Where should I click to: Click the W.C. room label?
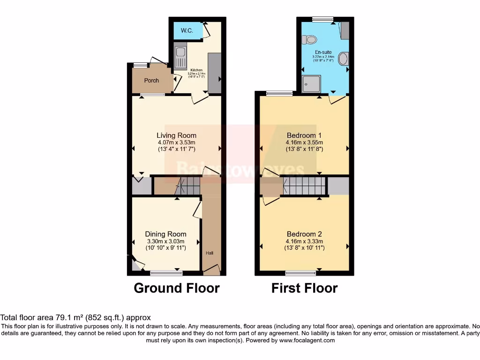[187, 31]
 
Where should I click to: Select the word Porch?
[151, 81]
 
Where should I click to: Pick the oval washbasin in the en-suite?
[343, 59]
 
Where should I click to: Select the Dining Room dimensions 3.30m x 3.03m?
[165, 241]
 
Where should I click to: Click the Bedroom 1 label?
[304, 136]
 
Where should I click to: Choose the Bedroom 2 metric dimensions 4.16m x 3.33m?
[304, 241]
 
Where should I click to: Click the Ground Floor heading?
[176, 288]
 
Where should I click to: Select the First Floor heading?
[304, 288]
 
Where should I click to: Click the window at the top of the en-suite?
[323, 19]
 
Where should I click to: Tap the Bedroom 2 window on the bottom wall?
[300, 273]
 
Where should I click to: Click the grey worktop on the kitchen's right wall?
[214, 73]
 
